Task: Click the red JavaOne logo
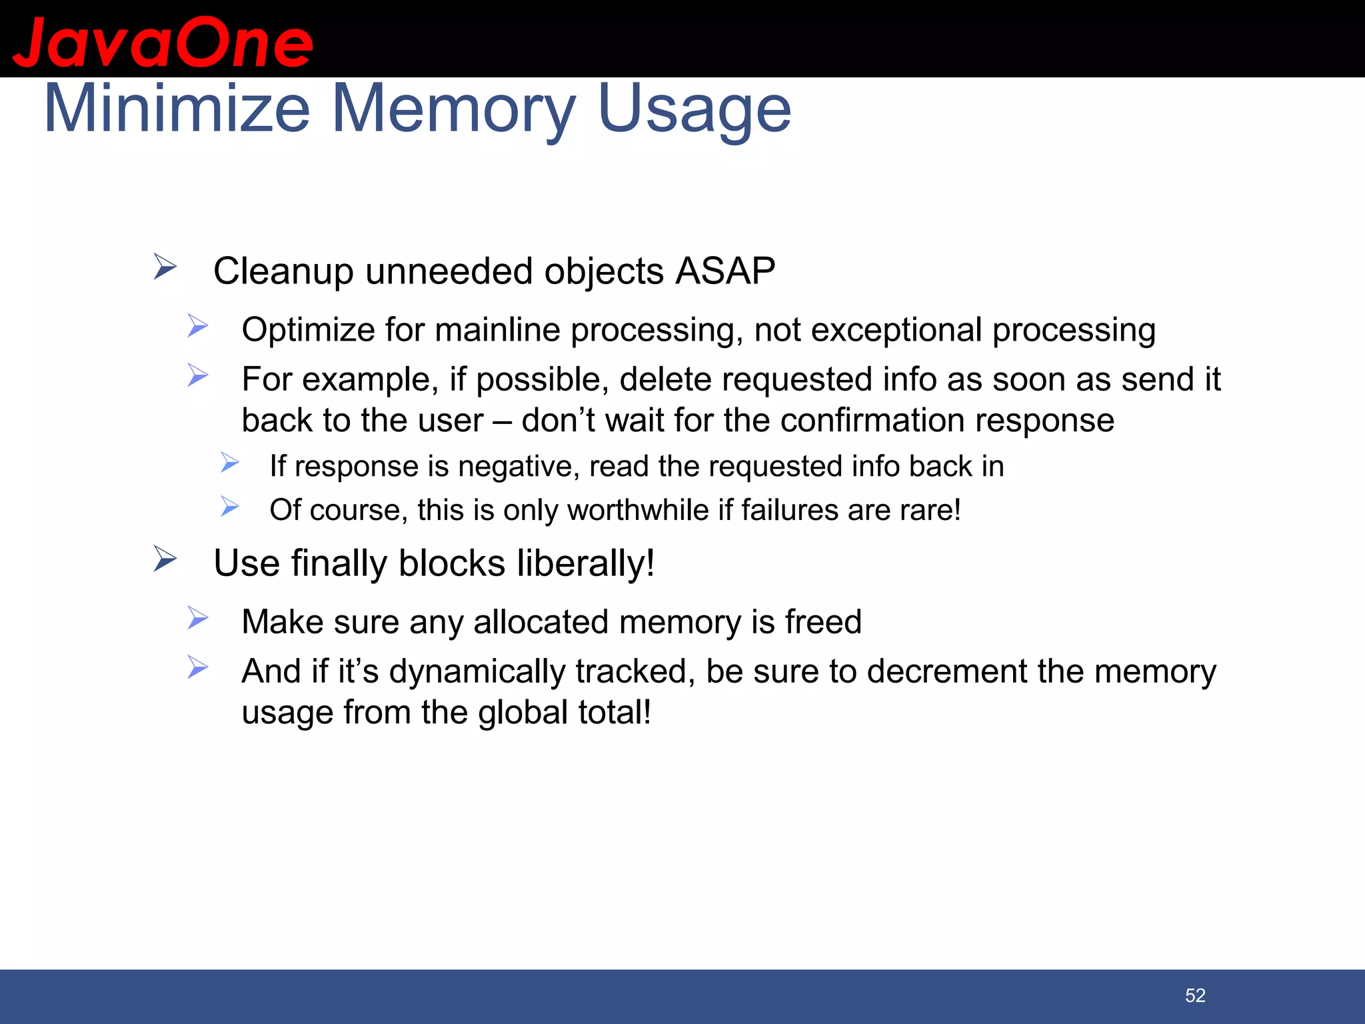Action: tap(163, 42)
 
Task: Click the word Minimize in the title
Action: tap(177, 109)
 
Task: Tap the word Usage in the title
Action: tap(694, 109)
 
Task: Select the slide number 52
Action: tap(1195, 995)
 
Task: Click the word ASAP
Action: tap(725, 271)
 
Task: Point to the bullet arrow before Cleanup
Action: tap(165, 267)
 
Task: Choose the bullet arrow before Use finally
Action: tap(165, 559)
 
